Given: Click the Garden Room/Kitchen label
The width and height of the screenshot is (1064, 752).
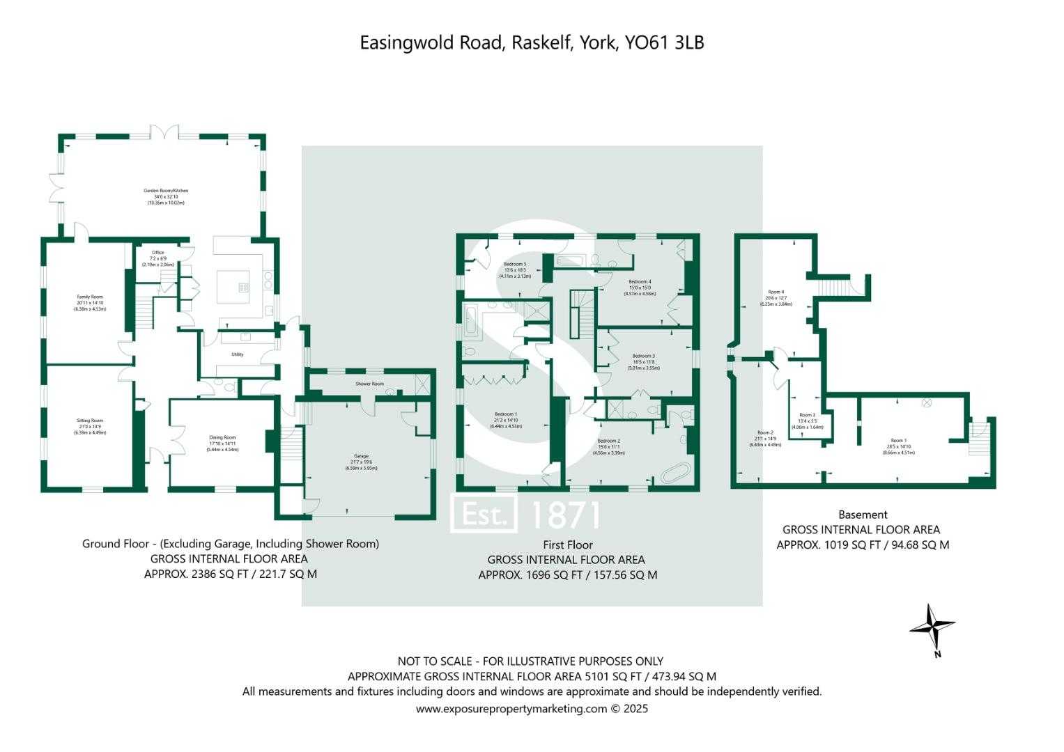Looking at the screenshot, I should [x=166, y=191].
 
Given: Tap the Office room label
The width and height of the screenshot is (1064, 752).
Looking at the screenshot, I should [x=158, y=253].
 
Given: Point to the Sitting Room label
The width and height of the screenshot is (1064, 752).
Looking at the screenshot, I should [x=90, y=421].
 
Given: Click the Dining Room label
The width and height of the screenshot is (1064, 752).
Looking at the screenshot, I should [x=222, y=438].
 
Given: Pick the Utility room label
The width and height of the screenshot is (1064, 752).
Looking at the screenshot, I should [x=238, y=354].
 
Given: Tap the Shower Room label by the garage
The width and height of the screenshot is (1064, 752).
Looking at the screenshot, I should [x=369, y=384].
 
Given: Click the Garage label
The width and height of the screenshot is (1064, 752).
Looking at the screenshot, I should [x=361, y=456].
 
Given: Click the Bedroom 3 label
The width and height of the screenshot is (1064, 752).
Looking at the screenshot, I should [x=643, y=356].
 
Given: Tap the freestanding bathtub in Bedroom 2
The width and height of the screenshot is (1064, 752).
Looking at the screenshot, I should [x=675, y=473].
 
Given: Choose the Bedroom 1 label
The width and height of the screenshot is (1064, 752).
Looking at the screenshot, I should [x=505, y=414].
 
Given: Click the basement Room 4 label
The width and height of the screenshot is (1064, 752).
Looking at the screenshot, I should [x=776, y=292].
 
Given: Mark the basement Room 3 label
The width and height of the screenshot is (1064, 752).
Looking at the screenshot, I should [x=808, y=415].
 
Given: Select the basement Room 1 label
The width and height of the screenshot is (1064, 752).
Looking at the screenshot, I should [x=898, y=441].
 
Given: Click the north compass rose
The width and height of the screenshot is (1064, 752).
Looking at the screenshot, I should [x=932, y=626].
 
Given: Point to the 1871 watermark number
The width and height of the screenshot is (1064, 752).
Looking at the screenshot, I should [x=565, y=515].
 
